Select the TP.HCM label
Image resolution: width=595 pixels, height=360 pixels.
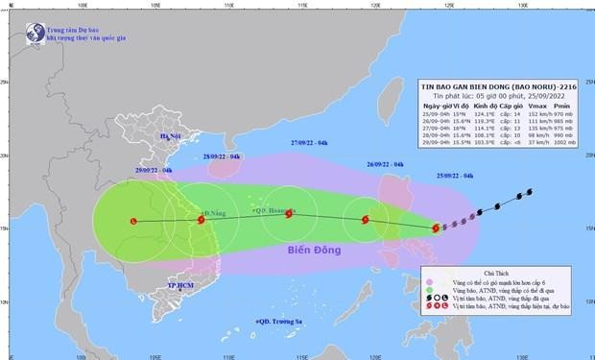click(x=181, y=286)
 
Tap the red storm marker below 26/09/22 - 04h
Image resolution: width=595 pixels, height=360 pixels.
click(x=365, y=220)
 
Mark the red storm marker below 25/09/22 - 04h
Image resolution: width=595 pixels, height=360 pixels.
click(x=437, y=228)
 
